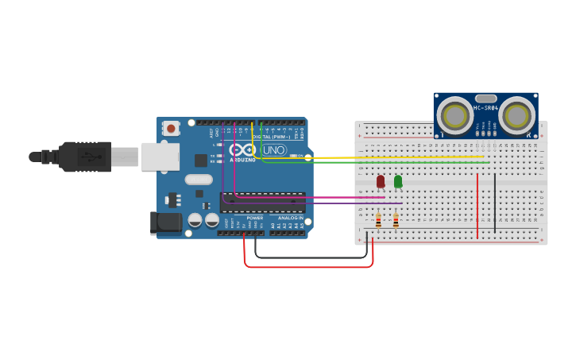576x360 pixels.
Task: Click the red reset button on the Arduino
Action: [171, 128]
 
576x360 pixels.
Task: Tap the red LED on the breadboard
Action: [381, 181]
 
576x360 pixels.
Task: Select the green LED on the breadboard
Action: [398, 181]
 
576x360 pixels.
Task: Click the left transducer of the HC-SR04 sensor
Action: [455, 116]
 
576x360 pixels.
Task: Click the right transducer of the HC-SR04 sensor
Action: [516, 116]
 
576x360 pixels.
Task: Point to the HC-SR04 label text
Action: [485, 108]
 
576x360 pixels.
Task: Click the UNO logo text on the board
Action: [274, 149]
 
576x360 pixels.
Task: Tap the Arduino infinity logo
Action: [243, 149]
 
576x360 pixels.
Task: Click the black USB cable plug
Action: [83, 157]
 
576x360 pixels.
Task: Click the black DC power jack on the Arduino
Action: [166, 222]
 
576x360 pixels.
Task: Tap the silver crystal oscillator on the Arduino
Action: [199, 180]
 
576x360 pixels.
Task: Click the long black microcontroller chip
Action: [262, 202]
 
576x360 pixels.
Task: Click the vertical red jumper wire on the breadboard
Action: [477, 207]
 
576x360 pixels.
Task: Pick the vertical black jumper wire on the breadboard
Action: [494, 203]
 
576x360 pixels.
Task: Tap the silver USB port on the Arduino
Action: [160, 157]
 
